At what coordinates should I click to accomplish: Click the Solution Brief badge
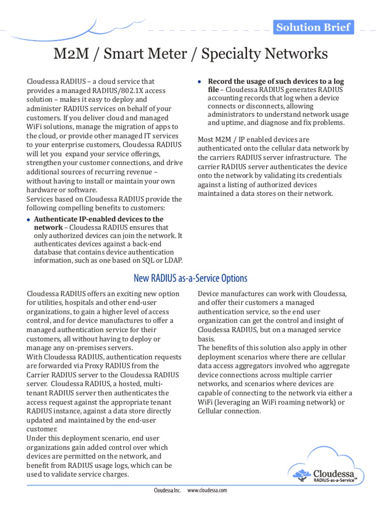click(314, 27)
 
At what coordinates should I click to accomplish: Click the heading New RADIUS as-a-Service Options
click(190, 278)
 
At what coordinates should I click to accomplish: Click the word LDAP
click(173, 260)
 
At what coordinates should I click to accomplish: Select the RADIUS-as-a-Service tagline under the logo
click(335, 480)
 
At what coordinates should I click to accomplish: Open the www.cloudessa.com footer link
click(207, 490)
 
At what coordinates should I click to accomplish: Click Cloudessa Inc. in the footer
click(168, 490)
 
